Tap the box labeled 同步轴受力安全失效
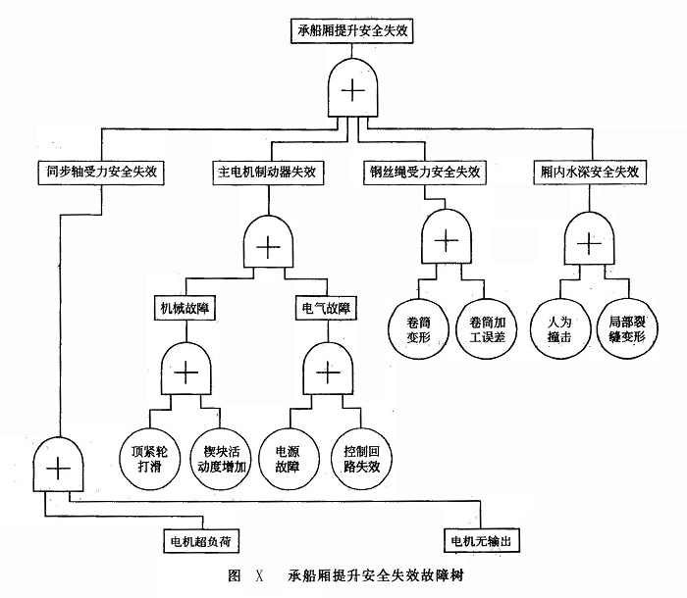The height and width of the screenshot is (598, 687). pyautogui.click(x=102, y=171)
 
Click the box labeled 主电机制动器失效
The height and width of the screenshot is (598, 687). pyautogui.click(x=267, y=171)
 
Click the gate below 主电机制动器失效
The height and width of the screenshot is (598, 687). pyautogui.click(x=267, y=245)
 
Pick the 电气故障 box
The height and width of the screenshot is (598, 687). pyautogui.click(x=325, y=307)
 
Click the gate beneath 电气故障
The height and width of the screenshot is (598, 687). pyautogui.click(x=325, y=372)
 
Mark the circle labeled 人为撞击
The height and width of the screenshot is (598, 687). pyautogui.click(x=558, y=326)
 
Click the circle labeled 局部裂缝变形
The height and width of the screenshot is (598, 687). pyautogui.click(x=628, y=326)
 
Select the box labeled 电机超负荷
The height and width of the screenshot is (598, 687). pyautogui.click(x=200, y=540)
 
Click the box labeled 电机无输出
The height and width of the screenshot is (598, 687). pyautogui.click(x=482, y=540)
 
